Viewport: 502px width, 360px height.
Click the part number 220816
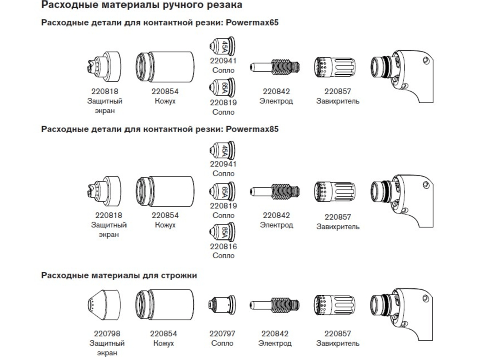point(223,247)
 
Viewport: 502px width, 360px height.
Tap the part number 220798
point(107,334)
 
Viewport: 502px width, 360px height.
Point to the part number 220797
point(222,334)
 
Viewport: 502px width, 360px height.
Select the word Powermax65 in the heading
point(253,23)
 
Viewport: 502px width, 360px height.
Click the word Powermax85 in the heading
point(253,129)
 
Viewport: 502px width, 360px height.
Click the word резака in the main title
point(226,5)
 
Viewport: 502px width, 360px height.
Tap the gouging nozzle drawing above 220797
point(222,305)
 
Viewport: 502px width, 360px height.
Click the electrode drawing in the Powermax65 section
point(275,67)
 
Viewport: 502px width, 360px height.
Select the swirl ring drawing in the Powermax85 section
point(334,191)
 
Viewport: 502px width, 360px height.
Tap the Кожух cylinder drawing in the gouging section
point(165,305)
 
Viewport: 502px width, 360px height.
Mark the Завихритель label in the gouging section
point(338,343)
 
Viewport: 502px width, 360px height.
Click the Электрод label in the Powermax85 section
point(276,225)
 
